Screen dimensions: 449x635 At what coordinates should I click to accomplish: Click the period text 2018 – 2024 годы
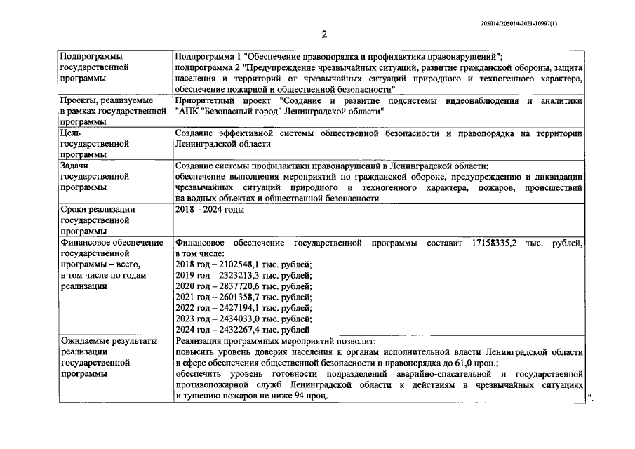pyautogui.click(x=210, y=210)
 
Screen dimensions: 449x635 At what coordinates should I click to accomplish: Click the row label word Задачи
pyautogui.click(x=74, y=166)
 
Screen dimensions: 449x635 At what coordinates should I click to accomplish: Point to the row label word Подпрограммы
pyautogui.click(x=91, y=55)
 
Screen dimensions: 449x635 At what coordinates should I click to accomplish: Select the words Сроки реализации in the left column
pyautogui.click(x=98, y=210)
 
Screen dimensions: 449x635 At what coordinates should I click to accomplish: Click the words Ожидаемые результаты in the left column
pyautogui.click(x=108, y=341)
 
